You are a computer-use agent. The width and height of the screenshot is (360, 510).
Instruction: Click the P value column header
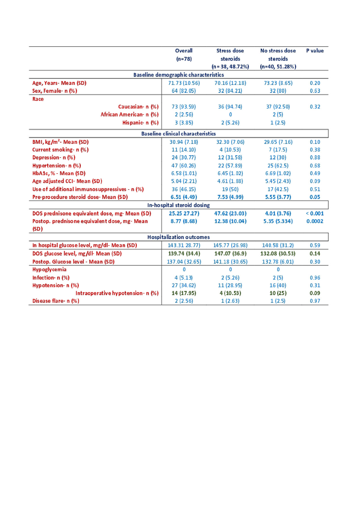pyautogui.click(x=315, y=51)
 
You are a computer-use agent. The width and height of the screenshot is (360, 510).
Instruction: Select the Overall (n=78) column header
pyautogui.click(x=184, y=55)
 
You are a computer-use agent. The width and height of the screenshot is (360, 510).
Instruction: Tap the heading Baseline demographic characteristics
pyautogui.click(x=179, y=75)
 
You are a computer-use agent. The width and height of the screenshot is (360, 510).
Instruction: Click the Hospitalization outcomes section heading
pyautogui.click(x=179, y=237)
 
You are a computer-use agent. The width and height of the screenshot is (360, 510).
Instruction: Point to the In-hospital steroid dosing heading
pyautogui.click(x=179, y=205)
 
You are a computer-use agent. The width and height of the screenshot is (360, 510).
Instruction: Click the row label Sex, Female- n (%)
pyautogui.click(x=55, y=91)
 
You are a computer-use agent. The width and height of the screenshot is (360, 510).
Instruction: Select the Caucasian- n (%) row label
pyautogui.click(x=138, y=107)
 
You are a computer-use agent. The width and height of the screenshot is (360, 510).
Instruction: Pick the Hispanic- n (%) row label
pyautogui.click(x=140, y=123)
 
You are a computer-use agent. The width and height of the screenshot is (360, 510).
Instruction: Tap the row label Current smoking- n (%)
pyautogui.click(x=60, y=150)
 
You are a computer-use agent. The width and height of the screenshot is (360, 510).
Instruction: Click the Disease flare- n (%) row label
pyautogui.click(x=56, y=301)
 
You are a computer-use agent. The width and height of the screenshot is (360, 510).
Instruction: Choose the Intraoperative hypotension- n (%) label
pyautogui.click(x=117, y=293)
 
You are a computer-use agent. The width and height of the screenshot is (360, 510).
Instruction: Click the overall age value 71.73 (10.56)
pyautogui.click(x=184, y=83)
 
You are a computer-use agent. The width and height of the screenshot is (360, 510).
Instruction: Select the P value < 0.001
pyautogui.click(x=315, y=214)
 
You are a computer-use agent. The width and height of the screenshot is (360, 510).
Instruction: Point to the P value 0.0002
pyautogui.click(x=315, y=221)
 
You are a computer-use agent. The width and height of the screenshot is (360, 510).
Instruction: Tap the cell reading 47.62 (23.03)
pyautogui.click(x=230, y=214)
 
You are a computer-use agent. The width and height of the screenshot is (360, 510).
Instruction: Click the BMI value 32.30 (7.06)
pyautogui.click(x=230, y=142)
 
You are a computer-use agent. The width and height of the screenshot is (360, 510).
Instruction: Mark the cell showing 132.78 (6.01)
pyautogui.click(x=278, y=262)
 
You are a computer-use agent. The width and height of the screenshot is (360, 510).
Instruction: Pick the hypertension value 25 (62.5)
pyautogui.click(x=278, y=166)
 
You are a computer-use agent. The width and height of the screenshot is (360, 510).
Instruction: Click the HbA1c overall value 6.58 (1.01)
pyautogui.click(x=184, y=173)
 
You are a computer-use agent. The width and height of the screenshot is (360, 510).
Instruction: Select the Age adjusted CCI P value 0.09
pyautogui.click(x=315, y=181)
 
